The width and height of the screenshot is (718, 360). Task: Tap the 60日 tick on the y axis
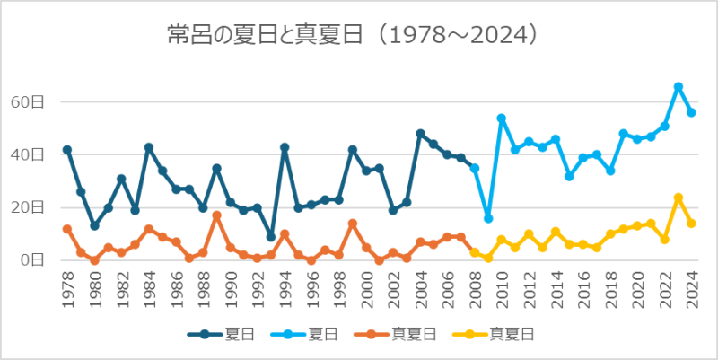29,102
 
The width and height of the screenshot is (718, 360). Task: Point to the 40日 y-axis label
29,154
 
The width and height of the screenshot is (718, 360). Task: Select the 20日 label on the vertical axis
29,207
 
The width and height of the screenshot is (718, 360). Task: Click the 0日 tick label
32,260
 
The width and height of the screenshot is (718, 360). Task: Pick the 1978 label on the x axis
67,289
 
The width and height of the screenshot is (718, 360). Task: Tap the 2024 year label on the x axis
691,289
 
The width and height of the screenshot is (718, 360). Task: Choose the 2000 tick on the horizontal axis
365,289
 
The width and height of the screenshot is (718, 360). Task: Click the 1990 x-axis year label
230,289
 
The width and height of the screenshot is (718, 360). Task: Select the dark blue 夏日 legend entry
222,334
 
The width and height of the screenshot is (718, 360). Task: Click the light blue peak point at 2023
678,87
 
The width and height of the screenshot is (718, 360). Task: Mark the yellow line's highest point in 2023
678,198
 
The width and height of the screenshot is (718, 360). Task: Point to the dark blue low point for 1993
271,237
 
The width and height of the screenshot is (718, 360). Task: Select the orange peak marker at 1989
216,215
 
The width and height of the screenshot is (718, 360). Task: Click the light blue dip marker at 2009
487,218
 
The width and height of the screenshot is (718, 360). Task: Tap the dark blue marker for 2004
420,134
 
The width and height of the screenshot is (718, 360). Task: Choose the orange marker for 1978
67,229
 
